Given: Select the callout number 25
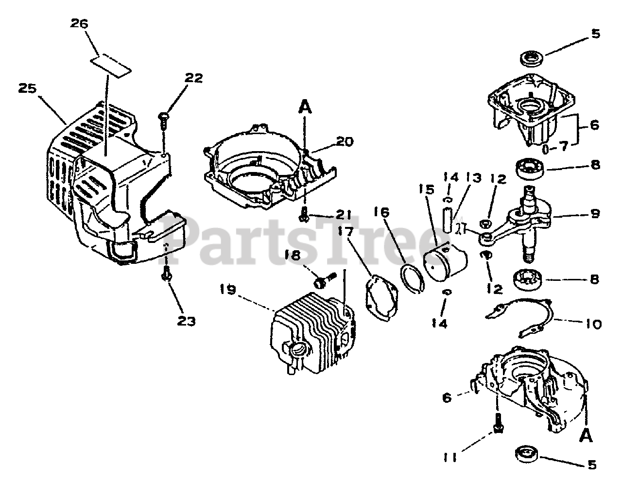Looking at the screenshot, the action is [x=28, y=89].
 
